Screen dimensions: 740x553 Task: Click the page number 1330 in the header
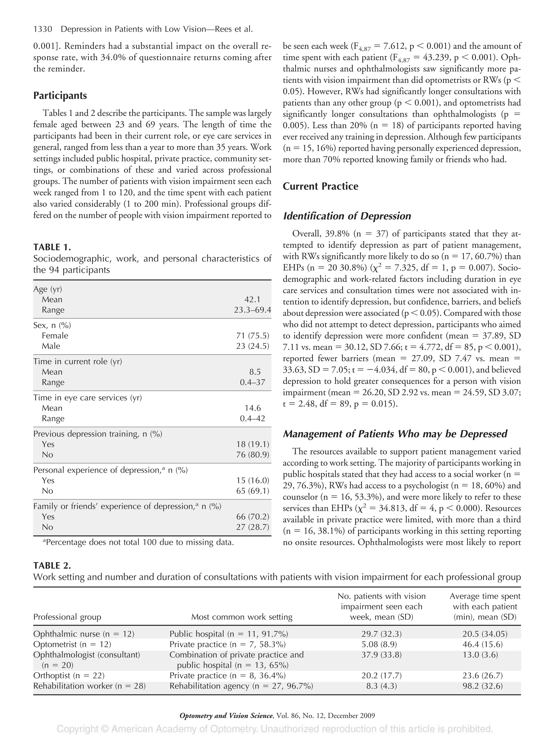click(43, 29)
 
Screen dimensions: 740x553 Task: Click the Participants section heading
click(60, 96)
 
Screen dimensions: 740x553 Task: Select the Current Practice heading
click(320, 186)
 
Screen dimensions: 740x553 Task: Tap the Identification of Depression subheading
click(347, 216)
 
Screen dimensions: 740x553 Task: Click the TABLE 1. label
click(52, 247)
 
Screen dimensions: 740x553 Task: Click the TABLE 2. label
click(52, 566)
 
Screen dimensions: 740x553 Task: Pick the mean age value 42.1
click(252, 299)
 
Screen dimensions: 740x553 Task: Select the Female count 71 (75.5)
click(252, 336)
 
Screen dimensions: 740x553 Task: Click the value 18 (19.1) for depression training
click(252, 444)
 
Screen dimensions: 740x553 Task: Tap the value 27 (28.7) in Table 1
click(252, 527)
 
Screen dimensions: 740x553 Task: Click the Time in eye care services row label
click(87, 397)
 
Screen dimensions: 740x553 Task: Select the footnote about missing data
click(138, 542)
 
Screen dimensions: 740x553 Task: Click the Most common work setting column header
click(242, 617)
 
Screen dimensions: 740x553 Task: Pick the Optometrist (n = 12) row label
click(72, 644)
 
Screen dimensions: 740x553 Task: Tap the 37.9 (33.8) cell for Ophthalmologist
click(381, 655)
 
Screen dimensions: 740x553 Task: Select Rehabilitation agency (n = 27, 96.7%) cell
click(241, 686)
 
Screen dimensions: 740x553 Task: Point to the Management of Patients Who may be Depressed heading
click(395, 434)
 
